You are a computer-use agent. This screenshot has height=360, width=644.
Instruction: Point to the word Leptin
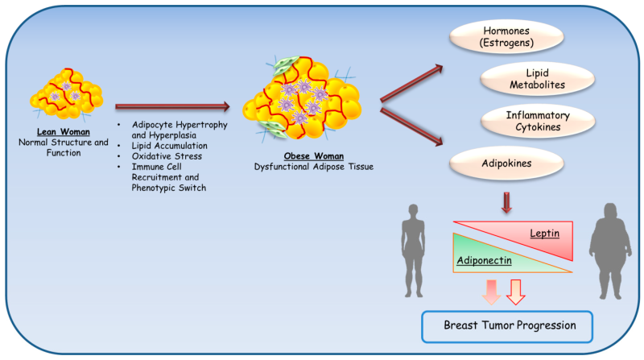545,233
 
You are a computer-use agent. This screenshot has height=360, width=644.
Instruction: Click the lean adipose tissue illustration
68,93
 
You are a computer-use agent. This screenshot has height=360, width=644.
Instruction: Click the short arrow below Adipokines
506,204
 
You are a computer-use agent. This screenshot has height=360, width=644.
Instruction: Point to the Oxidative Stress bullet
167,155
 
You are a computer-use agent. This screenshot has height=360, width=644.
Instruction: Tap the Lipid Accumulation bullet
171,146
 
